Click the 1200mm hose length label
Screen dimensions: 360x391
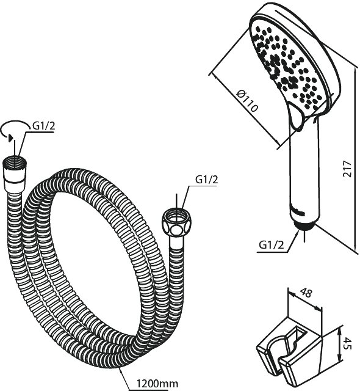(157, 384)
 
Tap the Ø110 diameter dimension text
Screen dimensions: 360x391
(247, 100)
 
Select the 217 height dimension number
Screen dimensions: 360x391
(347, 169)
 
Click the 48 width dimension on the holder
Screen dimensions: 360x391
(306, 293)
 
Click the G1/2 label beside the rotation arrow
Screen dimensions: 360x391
(44, 126)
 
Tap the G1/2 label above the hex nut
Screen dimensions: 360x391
(207, 180)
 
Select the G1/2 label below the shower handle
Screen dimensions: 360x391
(272, 245)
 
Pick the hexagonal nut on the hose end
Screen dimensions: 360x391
(176, 222)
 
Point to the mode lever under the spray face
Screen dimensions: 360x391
(296, 118)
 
